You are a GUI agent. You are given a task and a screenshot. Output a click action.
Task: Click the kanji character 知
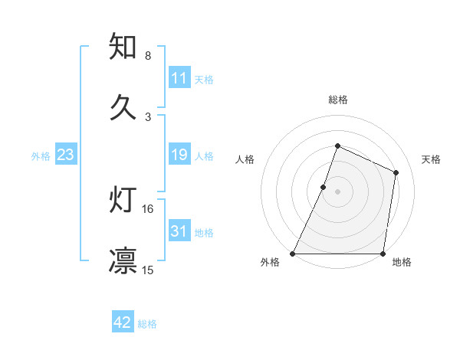point(123,47)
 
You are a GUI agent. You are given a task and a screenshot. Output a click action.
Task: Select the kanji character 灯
point(123,201)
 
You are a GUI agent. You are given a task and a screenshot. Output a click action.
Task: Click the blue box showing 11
point(179,78)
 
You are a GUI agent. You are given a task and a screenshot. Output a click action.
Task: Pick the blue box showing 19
point(179,155)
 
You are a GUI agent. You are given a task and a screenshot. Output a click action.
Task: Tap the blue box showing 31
point(179,231)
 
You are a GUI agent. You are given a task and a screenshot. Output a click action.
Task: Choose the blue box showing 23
point(65,155)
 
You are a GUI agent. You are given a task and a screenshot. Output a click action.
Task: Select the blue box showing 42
point(123,322)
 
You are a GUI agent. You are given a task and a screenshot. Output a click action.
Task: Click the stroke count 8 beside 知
point(148,56)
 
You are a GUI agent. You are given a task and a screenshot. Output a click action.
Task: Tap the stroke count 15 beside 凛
point(148,270)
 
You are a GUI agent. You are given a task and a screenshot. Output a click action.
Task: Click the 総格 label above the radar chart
point(337,100)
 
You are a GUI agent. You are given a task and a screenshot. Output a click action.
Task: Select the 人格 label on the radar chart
point(245,159)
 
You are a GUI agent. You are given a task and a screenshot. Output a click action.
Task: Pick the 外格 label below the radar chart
point(270,263)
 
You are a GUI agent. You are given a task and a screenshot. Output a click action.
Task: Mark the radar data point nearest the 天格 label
point(396,172)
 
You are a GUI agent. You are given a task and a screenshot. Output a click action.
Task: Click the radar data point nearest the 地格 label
point(383,254)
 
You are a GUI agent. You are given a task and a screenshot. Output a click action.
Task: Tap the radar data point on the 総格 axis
point(337,146)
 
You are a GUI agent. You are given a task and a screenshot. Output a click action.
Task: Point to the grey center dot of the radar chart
point(337,191)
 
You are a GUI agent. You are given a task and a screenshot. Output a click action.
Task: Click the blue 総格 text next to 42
point(147,324)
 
